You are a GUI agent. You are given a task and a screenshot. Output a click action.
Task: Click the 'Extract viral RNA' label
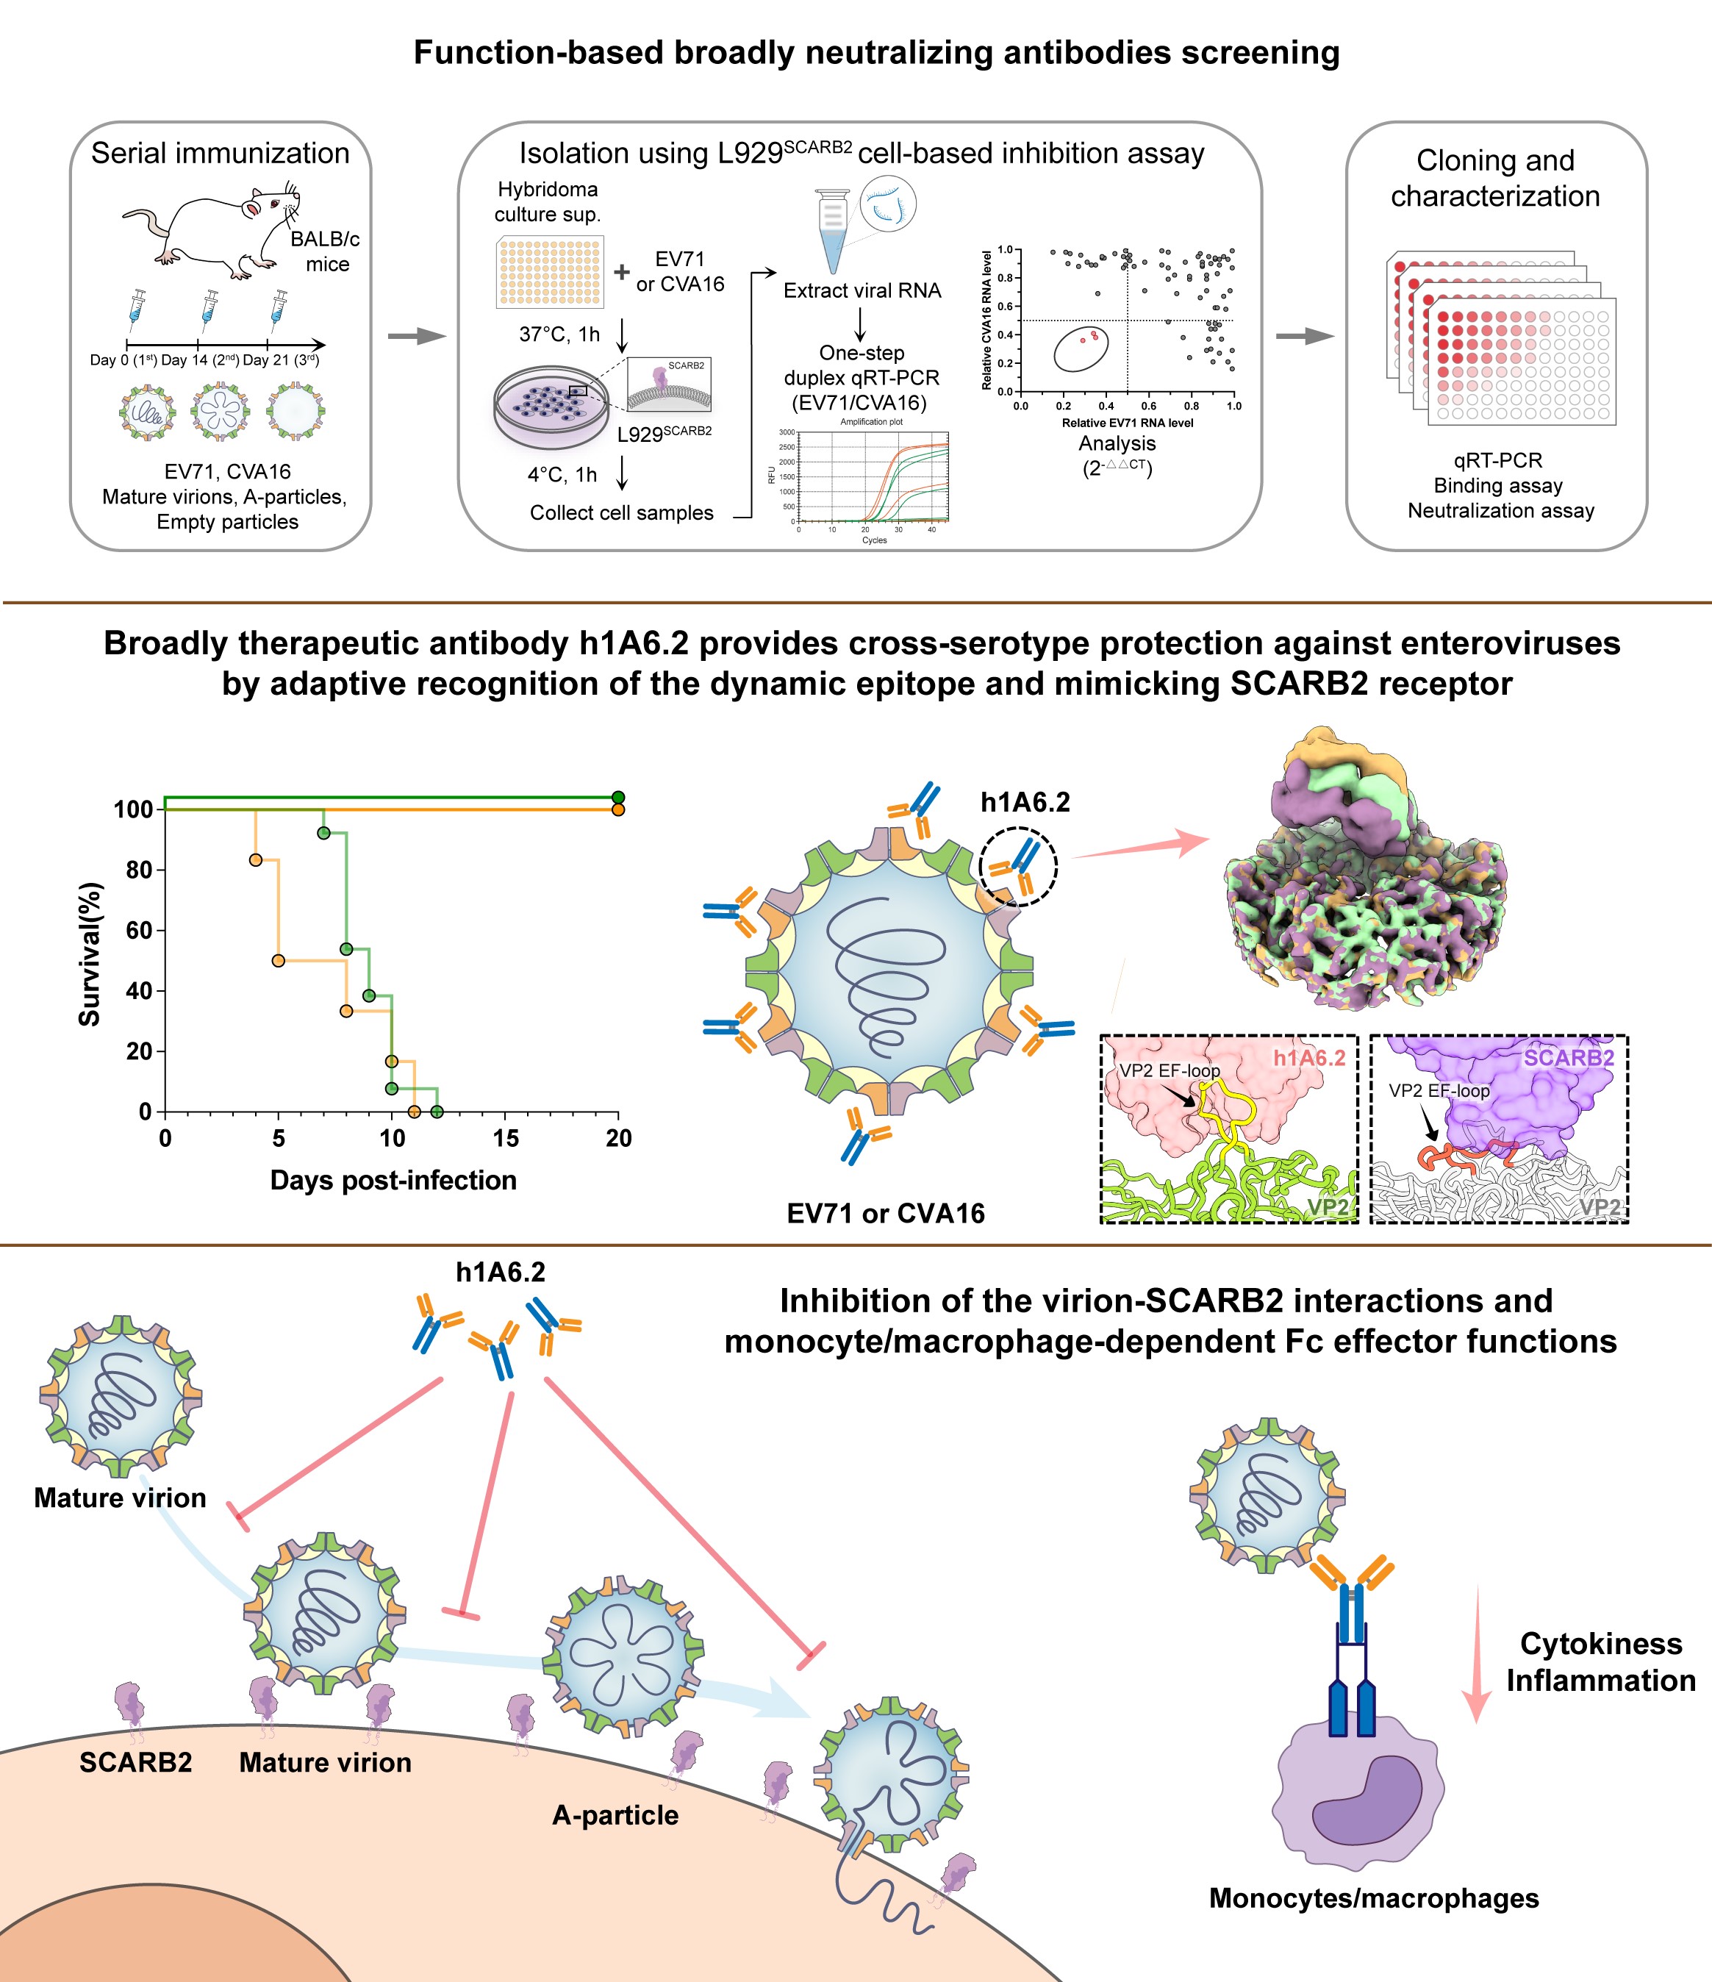862,291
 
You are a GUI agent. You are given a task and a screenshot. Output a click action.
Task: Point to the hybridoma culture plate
550,272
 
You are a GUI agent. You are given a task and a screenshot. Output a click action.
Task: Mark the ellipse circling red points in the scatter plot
1081,348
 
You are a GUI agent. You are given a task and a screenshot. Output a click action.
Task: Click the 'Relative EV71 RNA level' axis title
1127,423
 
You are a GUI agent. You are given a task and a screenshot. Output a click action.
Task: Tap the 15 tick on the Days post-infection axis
505,1138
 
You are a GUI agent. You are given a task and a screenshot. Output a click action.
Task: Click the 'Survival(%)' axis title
90,954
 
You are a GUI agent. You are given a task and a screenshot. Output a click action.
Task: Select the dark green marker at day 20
618,798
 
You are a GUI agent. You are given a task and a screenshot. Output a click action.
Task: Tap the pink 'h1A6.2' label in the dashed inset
1308,1058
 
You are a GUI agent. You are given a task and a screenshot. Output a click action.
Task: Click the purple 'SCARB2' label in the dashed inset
1569,1058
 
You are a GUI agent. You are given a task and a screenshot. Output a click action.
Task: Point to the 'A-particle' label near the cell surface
615,1816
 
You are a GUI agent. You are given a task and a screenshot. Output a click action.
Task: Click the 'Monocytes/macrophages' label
1373,1899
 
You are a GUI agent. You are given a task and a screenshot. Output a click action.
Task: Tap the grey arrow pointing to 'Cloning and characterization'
1305,336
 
